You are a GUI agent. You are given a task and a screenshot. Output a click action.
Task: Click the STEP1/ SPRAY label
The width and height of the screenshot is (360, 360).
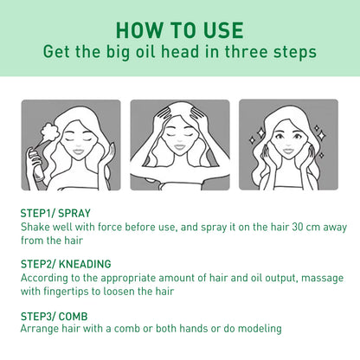tap(55, 212)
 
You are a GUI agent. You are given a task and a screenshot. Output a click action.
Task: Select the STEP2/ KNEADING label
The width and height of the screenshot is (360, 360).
tap(65, 263)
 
